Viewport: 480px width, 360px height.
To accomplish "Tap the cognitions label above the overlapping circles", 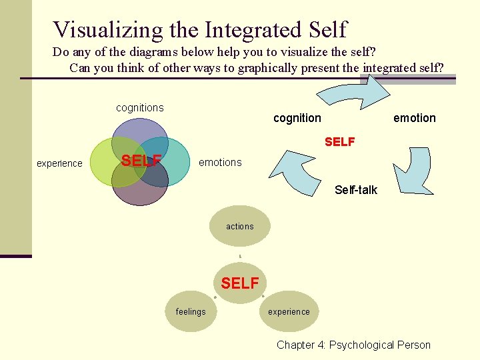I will tap(139, 108).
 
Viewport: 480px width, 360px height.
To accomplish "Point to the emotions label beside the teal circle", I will tap(220, 163).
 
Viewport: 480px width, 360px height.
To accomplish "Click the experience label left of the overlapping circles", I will tap(59, 163).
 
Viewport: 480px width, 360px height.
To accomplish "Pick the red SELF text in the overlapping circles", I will tap(141, 161).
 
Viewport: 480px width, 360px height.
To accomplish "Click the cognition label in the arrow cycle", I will tap(297, 118).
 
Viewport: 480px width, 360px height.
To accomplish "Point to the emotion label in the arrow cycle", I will tap(414, 118).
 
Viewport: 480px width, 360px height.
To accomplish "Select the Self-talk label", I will tap(355, 190).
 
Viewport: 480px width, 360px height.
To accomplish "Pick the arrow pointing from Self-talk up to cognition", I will tap(299, 167).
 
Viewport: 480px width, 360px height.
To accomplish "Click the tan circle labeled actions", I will tap(240, 227).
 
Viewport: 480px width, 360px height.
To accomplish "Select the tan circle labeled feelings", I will tap(191, 311).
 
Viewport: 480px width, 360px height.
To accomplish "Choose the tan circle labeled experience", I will tap(289, 311).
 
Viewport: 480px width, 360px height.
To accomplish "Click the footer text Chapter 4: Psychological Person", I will tap(353, 345).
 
